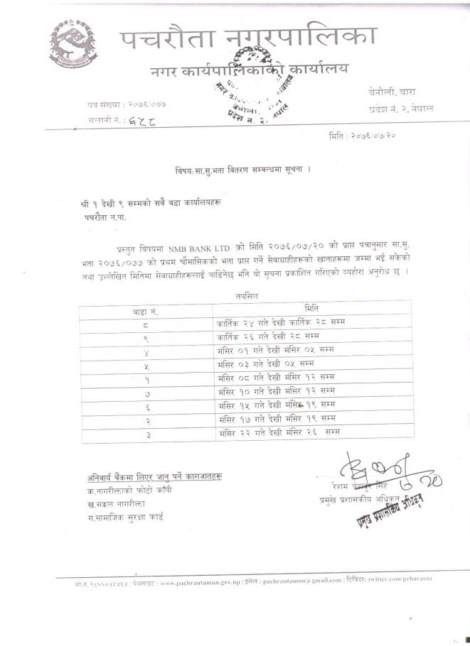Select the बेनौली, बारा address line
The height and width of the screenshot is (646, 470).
click(x=396, y=93)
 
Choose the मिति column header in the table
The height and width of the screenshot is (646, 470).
click(x=311, y=308)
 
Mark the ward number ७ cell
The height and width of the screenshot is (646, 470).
click(x=146, y=391)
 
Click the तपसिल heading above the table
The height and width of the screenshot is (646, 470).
click(x=245, y=295)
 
